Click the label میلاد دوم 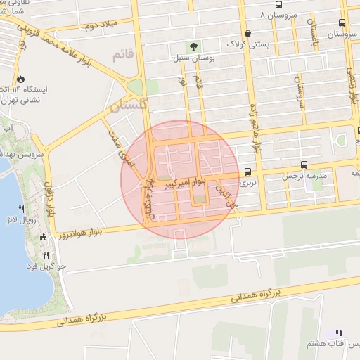[98, 25]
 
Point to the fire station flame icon [20, 79]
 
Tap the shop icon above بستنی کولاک [247, 33]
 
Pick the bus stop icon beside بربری [247, 172]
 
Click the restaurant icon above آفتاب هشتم [339, 333]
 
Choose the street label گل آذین [229, 195]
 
